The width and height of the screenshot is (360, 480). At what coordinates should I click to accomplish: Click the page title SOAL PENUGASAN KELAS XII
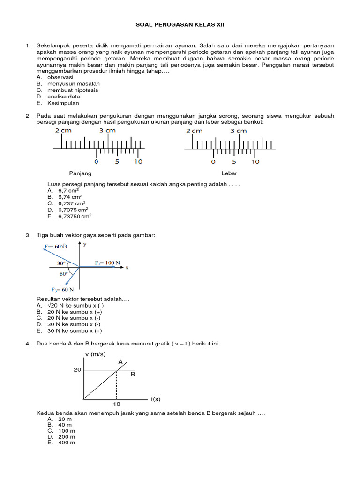pyautogui.click(x=180, y=24)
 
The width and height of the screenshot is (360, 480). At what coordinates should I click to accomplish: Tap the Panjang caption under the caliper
pyautogui.click(x=80, y=173)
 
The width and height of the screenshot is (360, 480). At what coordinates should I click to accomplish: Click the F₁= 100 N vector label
pyautogui.click(x=108, y=263)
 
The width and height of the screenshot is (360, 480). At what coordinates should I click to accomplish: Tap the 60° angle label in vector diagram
pyautogui.click(x=64, y=274)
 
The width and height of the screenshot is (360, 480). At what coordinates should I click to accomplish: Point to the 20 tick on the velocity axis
pyautogui.click(x=77, y=370)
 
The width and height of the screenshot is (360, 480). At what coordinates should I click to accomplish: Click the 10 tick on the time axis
pyautogui.click(x=117, y=404)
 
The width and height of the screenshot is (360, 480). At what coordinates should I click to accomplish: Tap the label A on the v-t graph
pyautogui.click(x=120, y=362)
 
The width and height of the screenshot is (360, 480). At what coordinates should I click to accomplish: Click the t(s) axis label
pyautogui.click(x=156, y=399)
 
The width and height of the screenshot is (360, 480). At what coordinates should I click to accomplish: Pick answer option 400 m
pyautogui.click(x=66, y=442)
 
